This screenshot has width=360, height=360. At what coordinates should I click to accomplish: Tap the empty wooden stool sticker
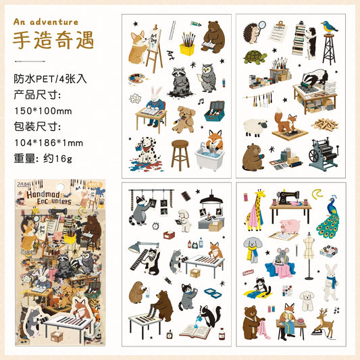(180, 154)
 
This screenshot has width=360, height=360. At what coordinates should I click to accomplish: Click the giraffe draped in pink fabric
(255, 208)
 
